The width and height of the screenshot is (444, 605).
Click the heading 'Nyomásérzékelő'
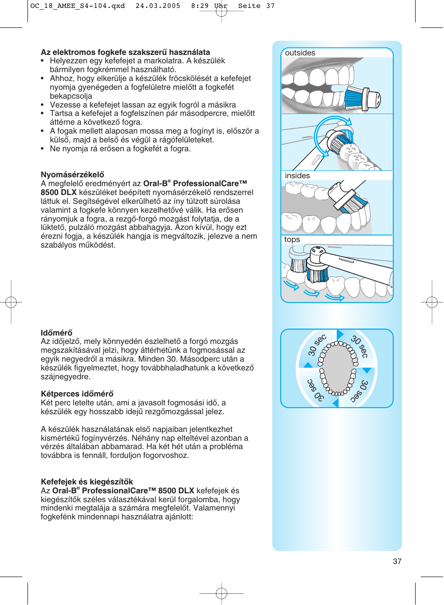72,175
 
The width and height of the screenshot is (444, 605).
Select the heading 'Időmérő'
56,333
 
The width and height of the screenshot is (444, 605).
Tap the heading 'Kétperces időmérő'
77,394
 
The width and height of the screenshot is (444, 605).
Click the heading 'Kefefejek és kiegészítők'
87,482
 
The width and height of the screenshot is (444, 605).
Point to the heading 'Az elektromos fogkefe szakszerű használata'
125,52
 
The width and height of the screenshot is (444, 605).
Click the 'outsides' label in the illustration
300,53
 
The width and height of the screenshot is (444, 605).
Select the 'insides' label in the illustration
297,176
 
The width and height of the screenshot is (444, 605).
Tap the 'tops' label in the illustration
292,240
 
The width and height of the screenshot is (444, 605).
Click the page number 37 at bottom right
397,561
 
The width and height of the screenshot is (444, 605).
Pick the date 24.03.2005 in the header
158,6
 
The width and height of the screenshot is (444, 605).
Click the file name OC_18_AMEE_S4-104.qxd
77,6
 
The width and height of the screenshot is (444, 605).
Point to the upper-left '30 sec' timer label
317,345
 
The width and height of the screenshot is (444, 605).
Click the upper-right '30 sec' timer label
360,346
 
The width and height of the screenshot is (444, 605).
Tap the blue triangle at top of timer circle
340,335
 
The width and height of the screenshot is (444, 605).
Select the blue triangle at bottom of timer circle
335,403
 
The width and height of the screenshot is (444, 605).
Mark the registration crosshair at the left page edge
11,302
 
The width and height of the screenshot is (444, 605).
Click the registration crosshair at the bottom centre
222,593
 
